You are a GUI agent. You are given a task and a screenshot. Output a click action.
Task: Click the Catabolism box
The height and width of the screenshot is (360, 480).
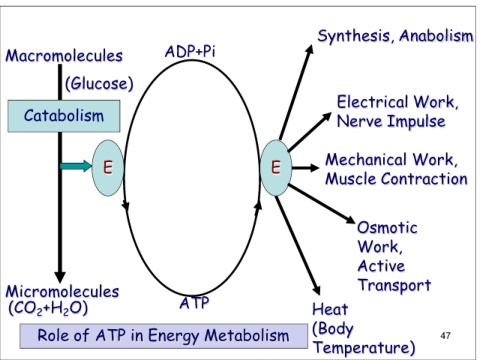click(64, 116)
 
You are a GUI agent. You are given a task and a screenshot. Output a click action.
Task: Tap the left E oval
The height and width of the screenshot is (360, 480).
click(108, 167)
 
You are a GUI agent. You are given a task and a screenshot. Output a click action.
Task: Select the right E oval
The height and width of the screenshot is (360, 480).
click(276, 167)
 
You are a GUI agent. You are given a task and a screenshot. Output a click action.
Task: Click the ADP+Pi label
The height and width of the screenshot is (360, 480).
click(190, 52)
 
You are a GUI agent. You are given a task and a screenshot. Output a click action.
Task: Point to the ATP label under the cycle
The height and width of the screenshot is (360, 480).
click(194, 303)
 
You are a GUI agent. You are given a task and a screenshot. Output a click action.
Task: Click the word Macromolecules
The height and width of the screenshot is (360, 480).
click(64, 56)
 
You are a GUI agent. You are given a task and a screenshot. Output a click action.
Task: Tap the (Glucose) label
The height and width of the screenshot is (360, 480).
click(99, 83)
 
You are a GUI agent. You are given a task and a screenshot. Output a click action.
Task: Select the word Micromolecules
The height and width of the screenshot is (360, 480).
click(62, 291)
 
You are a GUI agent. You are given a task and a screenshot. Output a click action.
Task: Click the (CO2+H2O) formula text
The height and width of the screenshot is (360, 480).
click(48, 308)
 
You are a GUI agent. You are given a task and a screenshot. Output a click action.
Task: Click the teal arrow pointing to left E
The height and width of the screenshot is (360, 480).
click(76, 166)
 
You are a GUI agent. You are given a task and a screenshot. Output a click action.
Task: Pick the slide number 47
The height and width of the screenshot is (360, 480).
click(445, 335)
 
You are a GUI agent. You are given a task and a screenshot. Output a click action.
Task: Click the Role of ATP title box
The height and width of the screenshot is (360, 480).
click(164, 336)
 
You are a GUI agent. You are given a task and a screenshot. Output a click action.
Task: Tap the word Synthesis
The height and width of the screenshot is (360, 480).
click(356, 36)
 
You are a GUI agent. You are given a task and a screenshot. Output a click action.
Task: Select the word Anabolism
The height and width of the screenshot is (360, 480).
click(436, 36)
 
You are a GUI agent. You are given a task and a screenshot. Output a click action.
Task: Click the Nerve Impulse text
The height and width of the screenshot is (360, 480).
click(391, 121)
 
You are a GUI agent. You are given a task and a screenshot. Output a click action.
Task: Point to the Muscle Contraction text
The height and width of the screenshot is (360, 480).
click(396, 179)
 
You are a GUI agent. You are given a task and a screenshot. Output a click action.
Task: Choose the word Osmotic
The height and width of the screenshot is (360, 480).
click(387, 228)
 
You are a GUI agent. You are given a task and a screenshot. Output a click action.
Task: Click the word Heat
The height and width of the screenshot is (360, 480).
click(330, 309)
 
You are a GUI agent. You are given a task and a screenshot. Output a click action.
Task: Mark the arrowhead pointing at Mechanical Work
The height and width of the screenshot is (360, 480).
click(314, 167)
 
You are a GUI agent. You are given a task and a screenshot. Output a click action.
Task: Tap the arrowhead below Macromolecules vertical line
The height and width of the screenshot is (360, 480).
click(60, 277)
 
